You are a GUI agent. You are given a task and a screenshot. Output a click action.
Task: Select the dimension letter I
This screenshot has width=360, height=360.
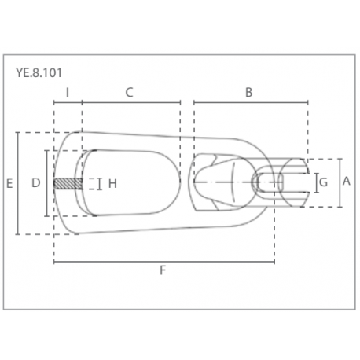coord(68,92)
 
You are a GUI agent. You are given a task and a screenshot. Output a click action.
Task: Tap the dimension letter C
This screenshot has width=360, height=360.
coord(130,92)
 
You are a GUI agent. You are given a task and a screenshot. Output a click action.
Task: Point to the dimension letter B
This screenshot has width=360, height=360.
coord(248,92)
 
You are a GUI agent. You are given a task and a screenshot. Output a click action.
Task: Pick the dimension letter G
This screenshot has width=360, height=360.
coord(324,183)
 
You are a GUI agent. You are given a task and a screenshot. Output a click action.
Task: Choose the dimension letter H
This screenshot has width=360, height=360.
coord(112,183)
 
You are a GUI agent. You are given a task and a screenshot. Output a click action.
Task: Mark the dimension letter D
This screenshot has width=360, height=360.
coord(35,183)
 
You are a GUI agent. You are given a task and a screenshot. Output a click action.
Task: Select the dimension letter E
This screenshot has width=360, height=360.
coord(9,183)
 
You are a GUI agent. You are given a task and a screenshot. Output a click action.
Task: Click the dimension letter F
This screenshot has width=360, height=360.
coord(163,270)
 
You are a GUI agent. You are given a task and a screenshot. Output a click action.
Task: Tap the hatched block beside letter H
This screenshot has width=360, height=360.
coord(68,184)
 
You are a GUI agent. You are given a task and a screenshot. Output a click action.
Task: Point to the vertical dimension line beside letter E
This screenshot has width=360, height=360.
coord(18,183)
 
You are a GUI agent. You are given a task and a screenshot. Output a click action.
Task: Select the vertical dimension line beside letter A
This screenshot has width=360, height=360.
coord(339,182)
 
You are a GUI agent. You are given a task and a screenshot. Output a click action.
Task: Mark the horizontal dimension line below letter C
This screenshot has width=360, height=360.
coord(131,102)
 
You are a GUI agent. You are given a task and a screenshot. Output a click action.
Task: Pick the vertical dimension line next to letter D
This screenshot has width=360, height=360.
coord(46,183)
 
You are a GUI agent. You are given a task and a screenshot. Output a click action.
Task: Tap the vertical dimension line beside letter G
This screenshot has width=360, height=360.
coord(314,184)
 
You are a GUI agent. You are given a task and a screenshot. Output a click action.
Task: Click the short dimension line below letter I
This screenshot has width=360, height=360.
coord(68,102)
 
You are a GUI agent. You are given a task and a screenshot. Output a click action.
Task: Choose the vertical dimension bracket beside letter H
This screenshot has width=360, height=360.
coord(100,184)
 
